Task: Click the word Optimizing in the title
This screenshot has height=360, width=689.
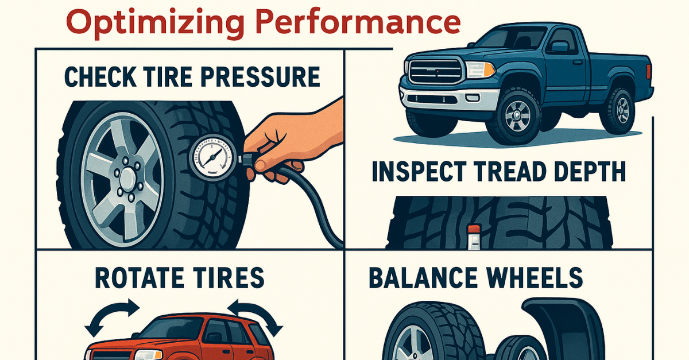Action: click(156, 24)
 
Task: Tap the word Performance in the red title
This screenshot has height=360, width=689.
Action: click(358, 22)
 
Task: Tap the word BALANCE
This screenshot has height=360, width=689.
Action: click(423, 277)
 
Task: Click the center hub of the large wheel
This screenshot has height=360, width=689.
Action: click(127, 179)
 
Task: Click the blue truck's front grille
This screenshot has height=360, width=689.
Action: click(435, 71)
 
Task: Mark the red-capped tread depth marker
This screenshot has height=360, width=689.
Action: click(474, 237)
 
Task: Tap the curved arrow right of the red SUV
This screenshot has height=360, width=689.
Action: click(256, 316)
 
